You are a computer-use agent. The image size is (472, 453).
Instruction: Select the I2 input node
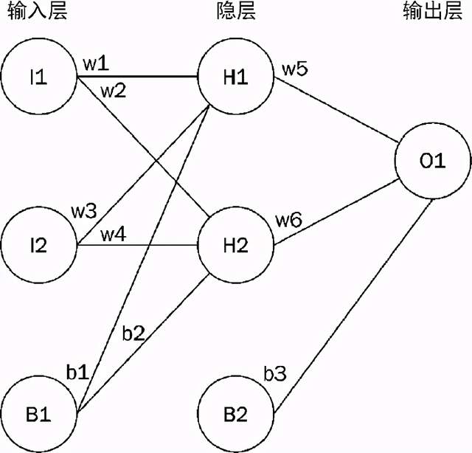pos(38,246)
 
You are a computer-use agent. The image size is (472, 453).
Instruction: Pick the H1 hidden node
pos(235,77)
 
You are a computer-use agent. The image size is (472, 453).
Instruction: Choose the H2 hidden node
pos(235,246)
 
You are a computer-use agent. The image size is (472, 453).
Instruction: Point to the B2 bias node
pos(235,413)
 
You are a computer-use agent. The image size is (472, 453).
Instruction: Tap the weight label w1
pos(96,63)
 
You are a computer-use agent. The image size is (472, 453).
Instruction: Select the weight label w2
pos(113,91)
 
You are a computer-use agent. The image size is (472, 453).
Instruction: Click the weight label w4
pos(113,235)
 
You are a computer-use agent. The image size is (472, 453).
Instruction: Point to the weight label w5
pos(295,70)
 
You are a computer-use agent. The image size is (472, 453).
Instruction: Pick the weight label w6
pos(289,219)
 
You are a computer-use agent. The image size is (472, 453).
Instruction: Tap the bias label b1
pos(77,370)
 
